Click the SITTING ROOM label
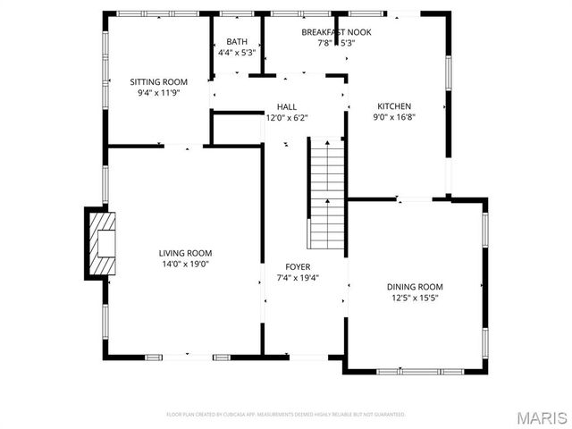click(158, 81)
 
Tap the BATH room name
click(237, 41)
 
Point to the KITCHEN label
click(393, 105)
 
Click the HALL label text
click(287, 106)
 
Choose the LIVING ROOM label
click(186, 253)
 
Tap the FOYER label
click(298, 266)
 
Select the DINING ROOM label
click(415, 287)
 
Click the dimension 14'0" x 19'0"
click(186, 264)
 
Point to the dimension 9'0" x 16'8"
click(393, 115)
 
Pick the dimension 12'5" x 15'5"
click(415, 298)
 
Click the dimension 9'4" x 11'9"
click(158, 92)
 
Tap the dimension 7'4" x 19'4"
click(298, 277)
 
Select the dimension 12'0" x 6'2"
click(287, 117)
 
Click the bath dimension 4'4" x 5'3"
click(237, 52)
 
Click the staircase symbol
click(327, 193)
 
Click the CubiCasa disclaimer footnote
click(286, 415)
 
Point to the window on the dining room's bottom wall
click(420, 371)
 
